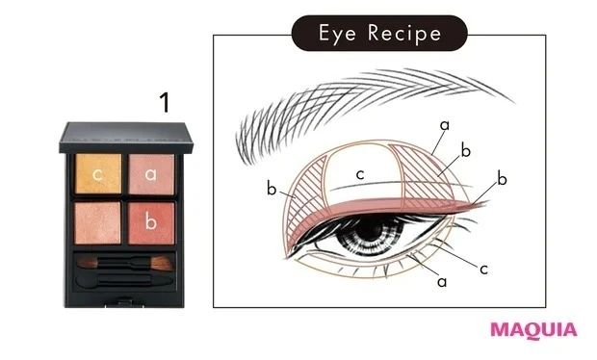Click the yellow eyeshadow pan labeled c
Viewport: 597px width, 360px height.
100,174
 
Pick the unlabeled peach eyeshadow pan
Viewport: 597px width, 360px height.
100,220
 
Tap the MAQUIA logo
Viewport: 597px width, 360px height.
533,329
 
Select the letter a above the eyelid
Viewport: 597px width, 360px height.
444,125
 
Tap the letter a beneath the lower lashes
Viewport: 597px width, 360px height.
442,283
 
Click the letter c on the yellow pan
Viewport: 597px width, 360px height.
100,174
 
